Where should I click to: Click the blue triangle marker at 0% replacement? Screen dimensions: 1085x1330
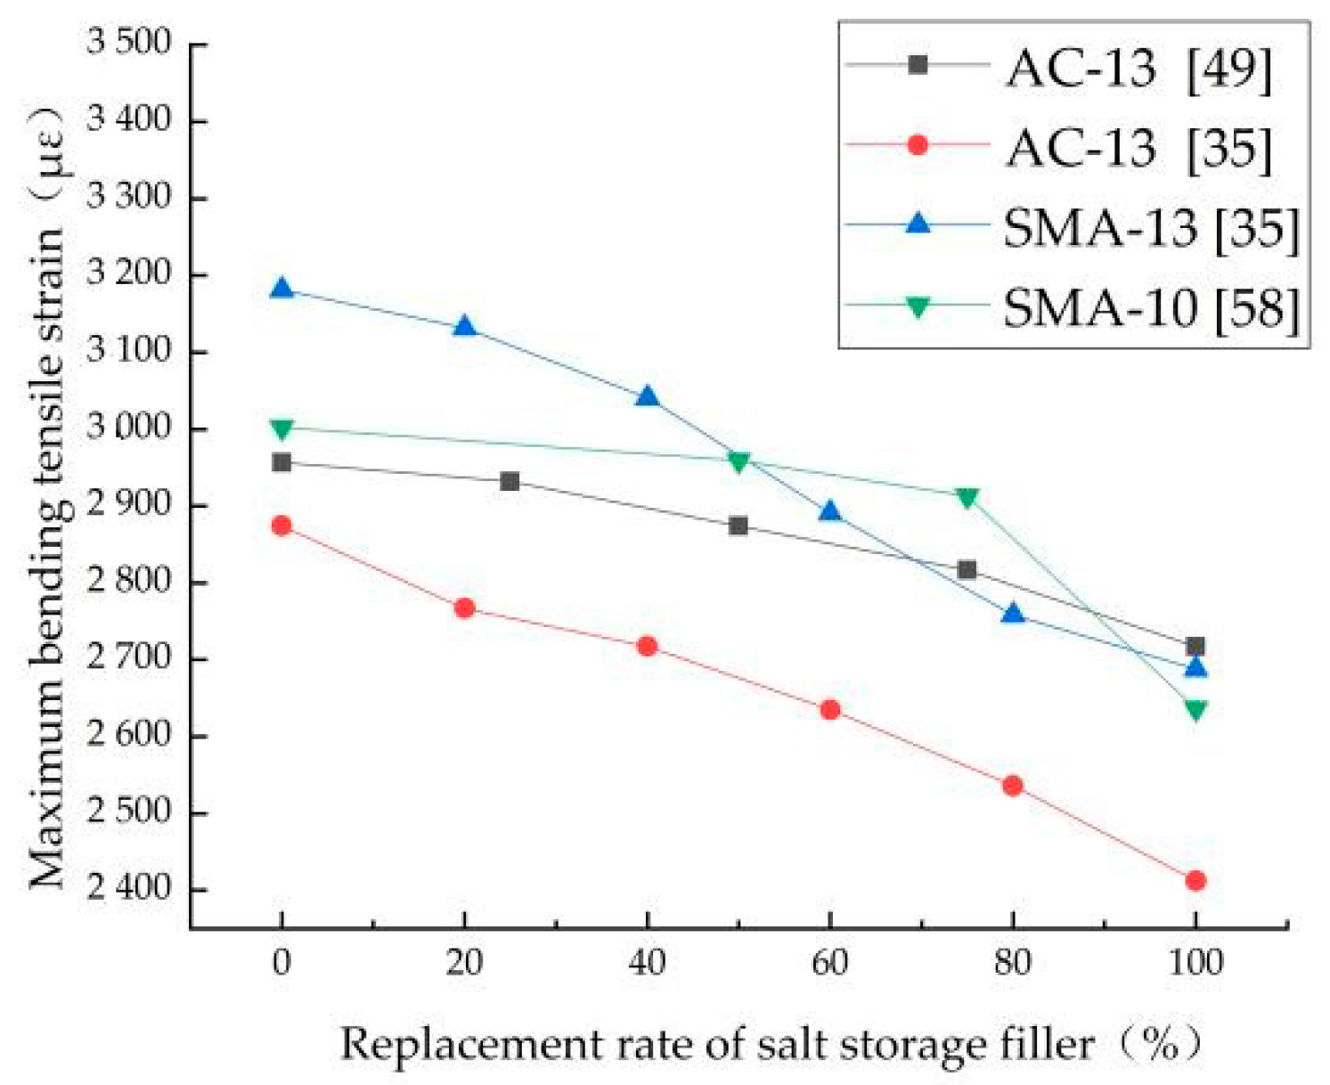282,289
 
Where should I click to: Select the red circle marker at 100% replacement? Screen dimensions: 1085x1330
1195,880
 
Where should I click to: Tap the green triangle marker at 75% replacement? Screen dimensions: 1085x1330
967,497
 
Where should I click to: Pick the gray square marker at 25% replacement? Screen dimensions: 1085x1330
510,481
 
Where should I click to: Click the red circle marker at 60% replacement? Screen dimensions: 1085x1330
829,709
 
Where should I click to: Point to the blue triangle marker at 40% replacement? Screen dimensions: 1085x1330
648,396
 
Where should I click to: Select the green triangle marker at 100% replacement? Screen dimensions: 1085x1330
1195,710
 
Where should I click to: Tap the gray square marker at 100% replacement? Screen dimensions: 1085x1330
1195,646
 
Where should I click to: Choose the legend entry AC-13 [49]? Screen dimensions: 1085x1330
1138,67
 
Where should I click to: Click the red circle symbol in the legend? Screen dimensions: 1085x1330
918,145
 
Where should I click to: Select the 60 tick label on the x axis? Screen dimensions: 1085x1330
829,963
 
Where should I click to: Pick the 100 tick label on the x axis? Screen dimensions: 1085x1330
1195,963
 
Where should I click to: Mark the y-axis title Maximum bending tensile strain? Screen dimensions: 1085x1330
47,499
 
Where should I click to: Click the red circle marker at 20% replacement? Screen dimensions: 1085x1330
464,608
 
